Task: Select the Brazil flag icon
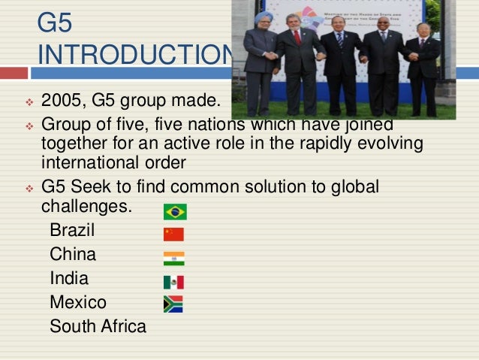pos(175,212)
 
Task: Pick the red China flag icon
pos(173,234)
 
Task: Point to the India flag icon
pos(173,259)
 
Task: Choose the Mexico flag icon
pos(173,282)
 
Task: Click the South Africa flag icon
pos(173,304)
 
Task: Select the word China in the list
pos(73,255)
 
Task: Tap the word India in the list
pos(69,279)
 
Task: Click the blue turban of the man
pos(263,17)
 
